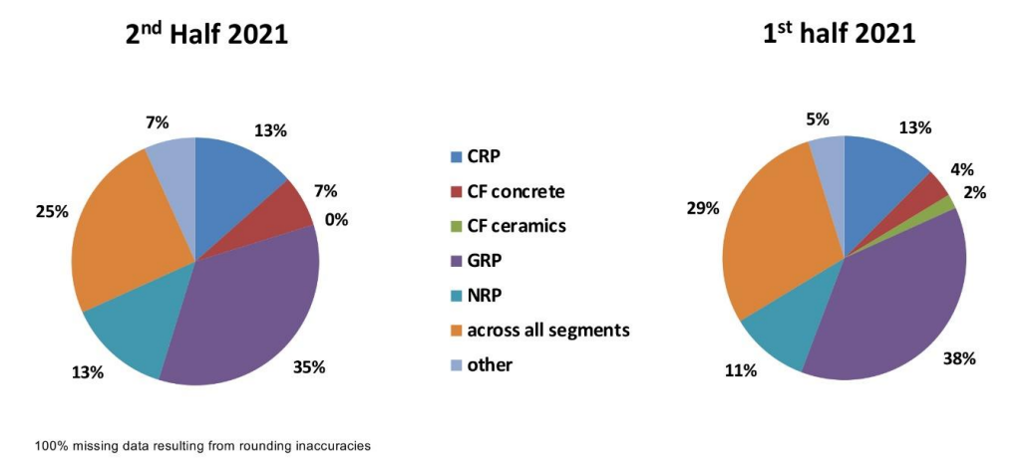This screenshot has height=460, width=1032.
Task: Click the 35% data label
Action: point(309,366)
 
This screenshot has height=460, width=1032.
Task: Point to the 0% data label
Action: point(336,219)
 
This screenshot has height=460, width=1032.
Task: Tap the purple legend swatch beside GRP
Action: point(458,261)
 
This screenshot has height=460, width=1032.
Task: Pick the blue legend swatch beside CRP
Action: point(458,156)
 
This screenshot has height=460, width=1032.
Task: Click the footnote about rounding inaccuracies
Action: point(202,445)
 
